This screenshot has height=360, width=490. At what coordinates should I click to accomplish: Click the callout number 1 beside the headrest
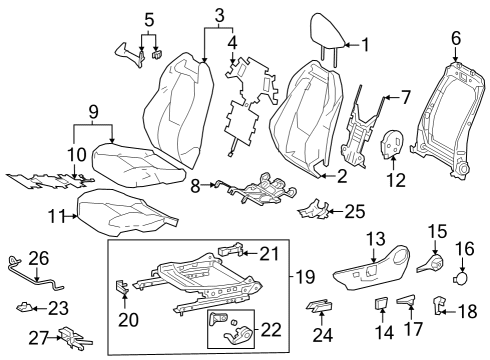tap(365, 44)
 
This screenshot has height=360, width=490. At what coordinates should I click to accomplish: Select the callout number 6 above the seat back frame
tap(456, 38)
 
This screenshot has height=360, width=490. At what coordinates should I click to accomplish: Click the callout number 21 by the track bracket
tap(270, 255)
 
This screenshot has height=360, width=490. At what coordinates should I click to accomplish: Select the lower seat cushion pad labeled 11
tap(125, 211)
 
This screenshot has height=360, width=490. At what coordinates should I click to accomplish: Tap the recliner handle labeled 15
tap(436, 264)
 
